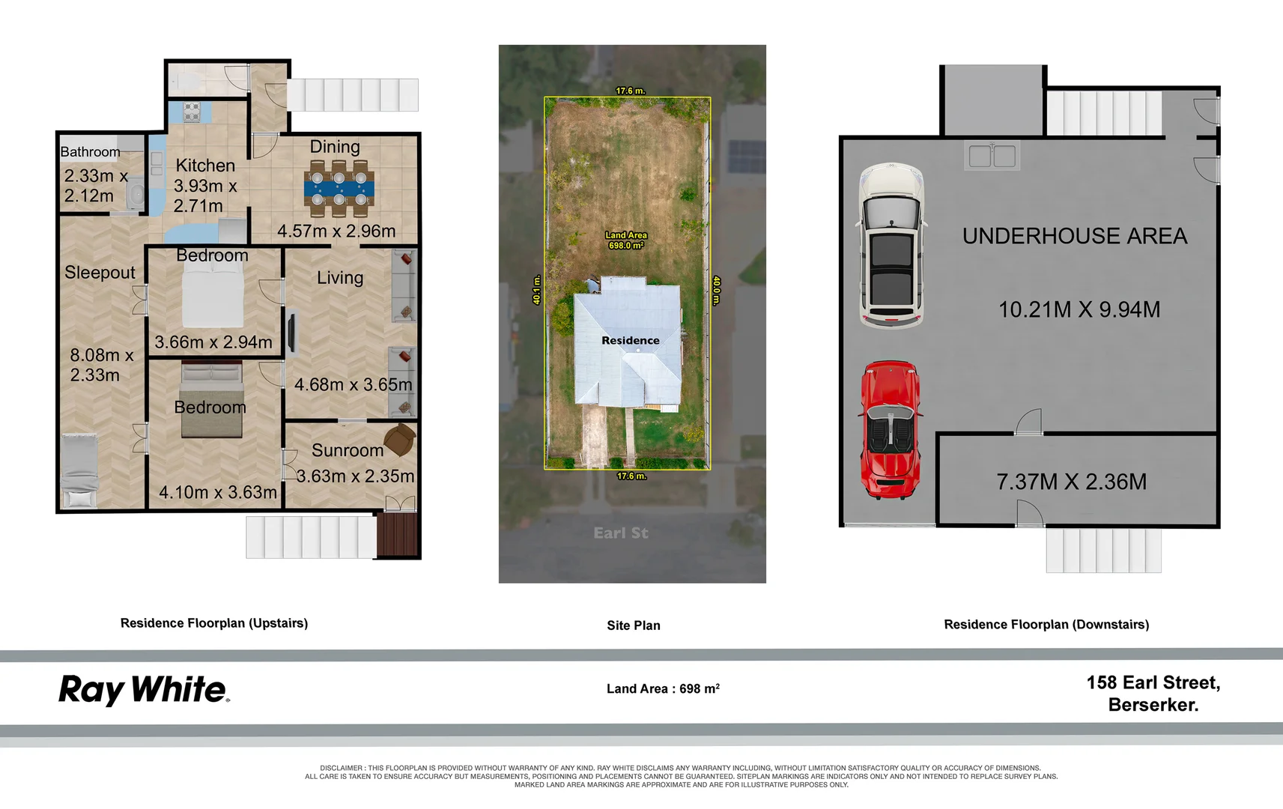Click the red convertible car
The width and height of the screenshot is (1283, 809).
[890, 430]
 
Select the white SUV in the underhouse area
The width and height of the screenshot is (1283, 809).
[891, 245]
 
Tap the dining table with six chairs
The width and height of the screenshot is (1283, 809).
[339, 189]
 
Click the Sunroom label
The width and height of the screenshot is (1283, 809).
[347, 450]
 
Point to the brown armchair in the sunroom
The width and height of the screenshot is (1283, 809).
[400, 440]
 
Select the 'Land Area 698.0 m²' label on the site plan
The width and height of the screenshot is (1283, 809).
[626, 240]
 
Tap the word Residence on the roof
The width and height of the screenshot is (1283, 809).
[630, 340]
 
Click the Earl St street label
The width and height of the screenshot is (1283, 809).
[621, 533]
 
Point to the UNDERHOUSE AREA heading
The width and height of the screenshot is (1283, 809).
[1075, 236]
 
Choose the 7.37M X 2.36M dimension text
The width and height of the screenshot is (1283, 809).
[1072, 482]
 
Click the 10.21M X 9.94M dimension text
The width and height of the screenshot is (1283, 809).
[1079, 309]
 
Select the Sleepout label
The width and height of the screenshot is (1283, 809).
[100, 272]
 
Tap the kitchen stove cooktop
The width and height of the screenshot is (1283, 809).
[192, 112]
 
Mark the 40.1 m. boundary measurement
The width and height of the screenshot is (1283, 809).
[537, 290]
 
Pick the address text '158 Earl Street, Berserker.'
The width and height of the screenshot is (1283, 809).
[1153, 693]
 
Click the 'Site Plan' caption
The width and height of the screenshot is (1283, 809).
[634, 625]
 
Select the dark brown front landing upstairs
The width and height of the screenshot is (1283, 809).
[398, 535]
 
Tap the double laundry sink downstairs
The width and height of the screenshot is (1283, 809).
[992, 156]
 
